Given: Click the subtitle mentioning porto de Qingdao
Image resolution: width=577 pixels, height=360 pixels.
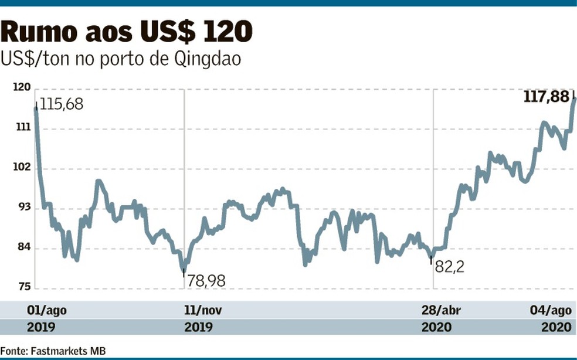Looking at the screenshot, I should pyautogui.click(x=120, y=59).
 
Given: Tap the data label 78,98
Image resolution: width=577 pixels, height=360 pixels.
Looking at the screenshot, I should pyautogui.click(x=206, y=281).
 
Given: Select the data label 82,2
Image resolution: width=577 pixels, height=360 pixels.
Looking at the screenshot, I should pyautogui.click(x=449, y=267).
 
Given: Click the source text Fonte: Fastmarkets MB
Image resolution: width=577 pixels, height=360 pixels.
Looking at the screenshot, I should pyautogui.click(x=53, y=350).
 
